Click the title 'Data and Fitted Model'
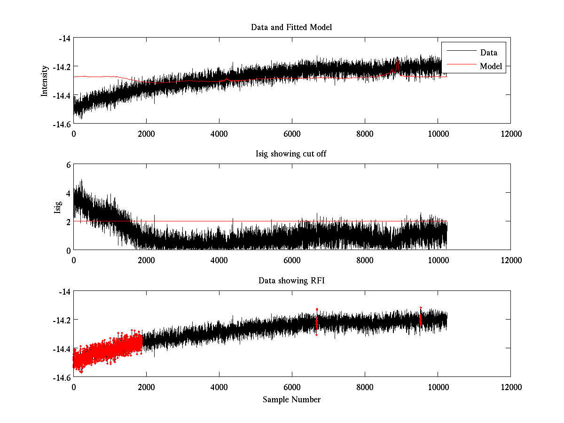[291, 27]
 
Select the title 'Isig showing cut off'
[291, 154]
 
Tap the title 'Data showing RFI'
[291, 281]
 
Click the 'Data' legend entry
[488, 52]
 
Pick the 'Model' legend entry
[491, 66]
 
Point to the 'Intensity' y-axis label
[45, 81]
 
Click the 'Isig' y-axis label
[58, 207]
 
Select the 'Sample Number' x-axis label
[291, 399]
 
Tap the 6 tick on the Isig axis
[68, 164]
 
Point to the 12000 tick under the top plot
[510, 133]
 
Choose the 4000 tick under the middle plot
[219, 260]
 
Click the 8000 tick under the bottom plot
[365, 387]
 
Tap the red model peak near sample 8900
[398, 62]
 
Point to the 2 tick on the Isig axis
[68, 221]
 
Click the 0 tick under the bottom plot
[74, 387]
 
